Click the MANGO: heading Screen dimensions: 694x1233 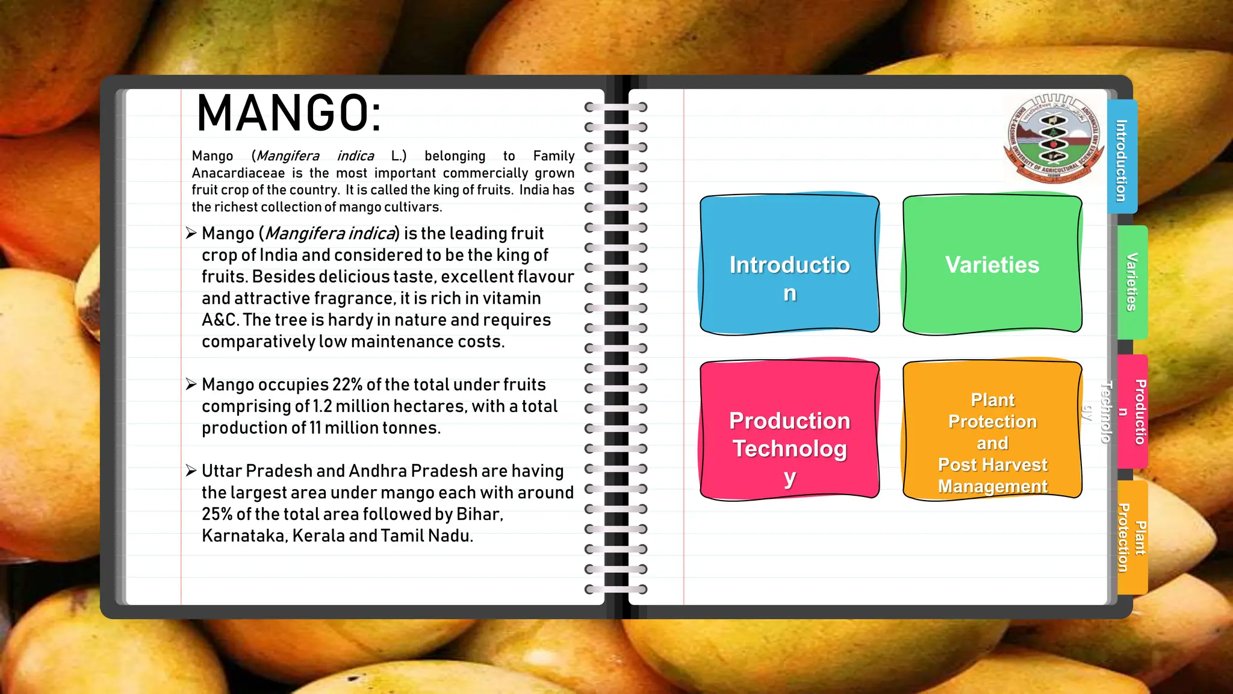pos(289,113)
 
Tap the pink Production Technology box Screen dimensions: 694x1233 pos(789,430)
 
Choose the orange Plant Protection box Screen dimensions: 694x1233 pos(992,430)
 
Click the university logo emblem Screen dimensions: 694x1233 pos(1054,138)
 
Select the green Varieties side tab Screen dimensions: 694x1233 pos(1132,282)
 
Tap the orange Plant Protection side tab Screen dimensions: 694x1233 pos(1132,537)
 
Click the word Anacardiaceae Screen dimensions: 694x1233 pos(238,173)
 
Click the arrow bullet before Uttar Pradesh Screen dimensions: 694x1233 pos(191,470)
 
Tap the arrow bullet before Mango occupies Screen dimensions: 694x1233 pos(191,384)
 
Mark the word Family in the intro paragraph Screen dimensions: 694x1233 pos(553,156)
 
